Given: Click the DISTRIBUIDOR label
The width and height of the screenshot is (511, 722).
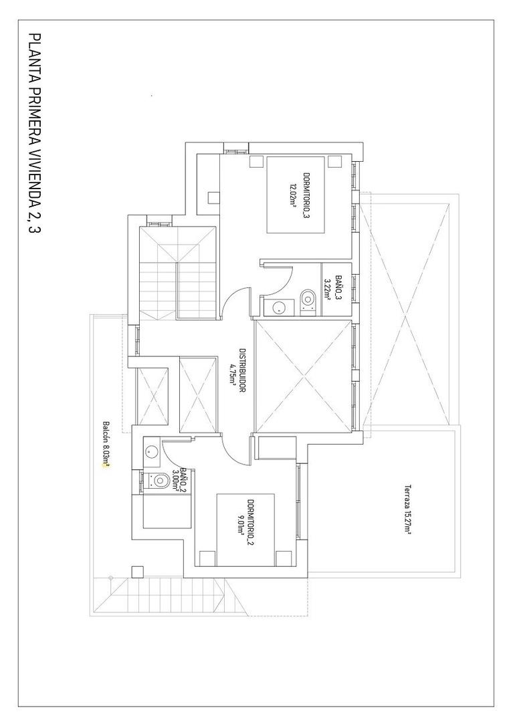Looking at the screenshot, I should [x=241, y=370].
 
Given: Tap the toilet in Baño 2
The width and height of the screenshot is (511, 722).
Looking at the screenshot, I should [x=160, y=480].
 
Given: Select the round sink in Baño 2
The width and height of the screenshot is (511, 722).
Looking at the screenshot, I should [x=150, y=451].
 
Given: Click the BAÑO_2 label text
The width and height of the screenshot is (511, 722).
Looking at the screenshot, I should [x=183, y=481].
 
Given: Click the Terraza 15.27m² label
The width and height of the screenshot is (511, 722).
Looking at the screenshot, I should [x=406, y=509].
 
